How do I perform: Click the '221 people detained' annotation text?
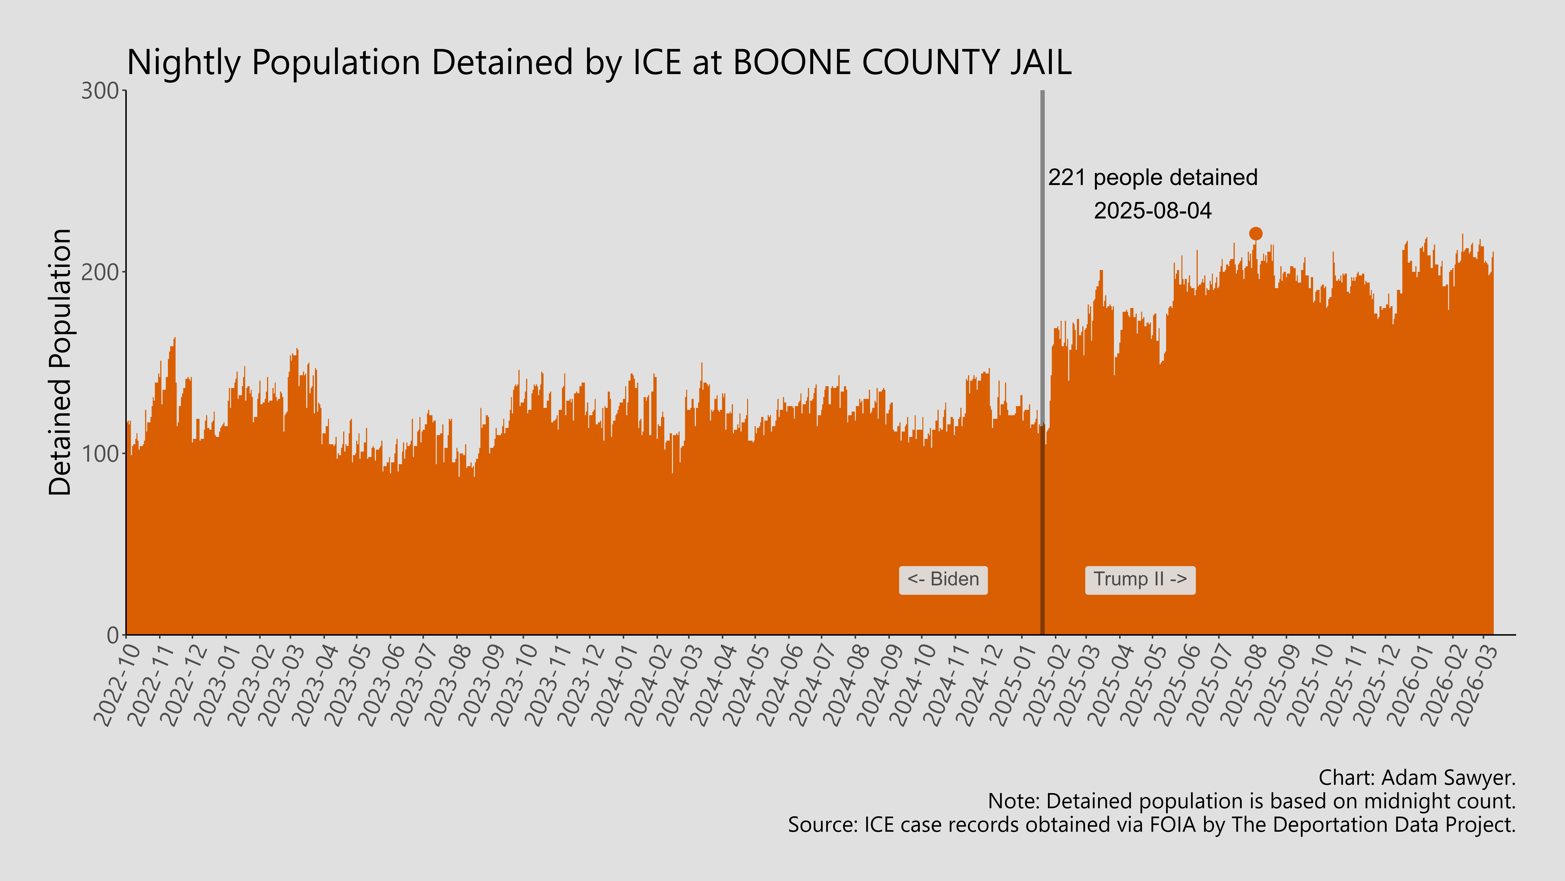tap(1153, 178)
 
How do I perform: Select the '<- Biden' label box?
tap(943, 580)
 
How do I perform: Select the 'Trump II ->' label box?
tap(1140, 580)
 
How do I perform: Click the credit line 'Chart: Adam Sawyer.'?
tap(1417, 778)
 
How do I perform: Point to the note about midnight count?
tap(1252, 801)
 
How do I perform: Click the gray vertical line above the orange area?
tap(1043, 243)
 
